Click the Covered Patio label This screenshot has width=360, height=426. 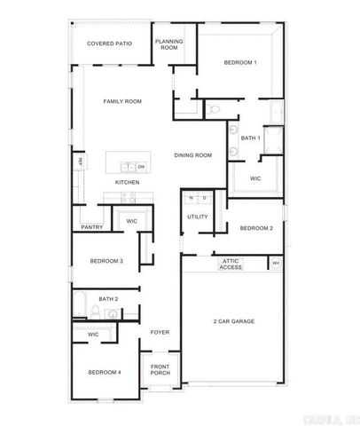point(109,43)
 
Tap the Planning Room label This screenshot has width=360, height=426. point(168,44)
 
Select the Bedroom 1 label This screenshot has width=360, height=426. point(239,62)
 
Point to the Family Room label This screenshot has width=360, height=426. point(121,101)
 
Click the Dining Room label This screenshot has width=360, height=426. point(192,155)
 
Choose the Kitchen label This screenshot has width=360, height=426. point(127,183)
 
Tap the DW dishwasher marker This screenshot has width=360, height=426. point(140,166)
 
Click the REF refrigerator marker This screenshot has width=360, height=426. point(79,162)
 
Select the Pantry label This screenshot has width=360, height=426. point(92,227)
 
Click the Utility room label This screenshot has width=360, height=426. point(197,217)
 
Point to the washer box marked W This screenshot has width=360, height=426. point(191,197)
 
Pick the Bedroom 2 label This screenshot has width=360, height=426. point(256,228)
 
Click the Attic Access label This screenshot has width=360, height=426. point(231,264)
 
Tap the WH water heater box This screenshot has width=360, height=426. point(275,264)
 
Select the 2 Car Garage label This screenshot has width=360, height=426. point(234,320)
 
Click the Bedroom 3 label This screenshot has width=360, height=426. point(106,261)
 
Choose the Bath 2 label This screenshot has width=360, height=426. point(108,299)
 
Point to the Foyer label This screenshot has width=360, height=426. point(160,332)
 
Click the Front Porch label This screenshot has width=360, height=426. point(160,369)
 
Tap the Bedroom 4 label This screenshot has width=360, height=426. point(104,372)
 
